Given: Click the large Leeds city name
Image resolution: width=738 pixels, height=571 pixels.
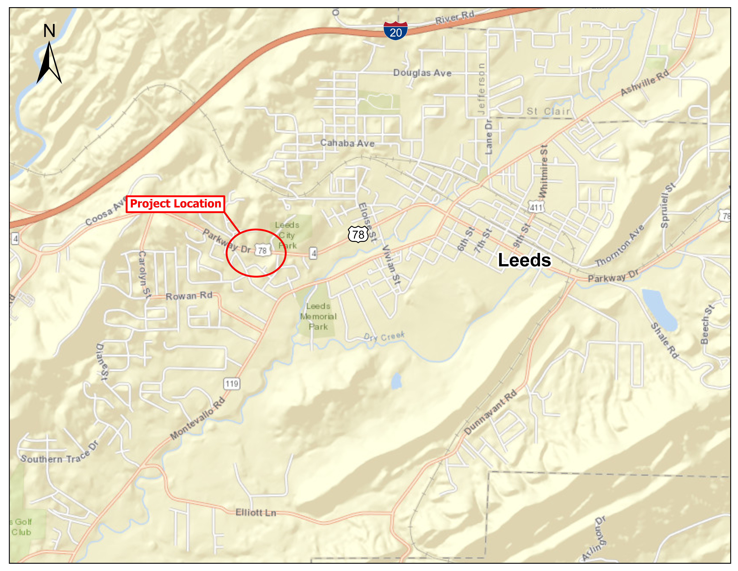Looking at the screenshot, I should click(x=524, y=260).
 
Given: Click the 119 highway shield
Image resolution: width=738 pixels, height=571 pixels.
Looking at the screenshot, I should click(x=232, y=384).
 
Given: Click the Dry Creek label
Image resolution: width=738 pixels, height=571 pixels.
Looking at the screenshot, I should click(x=384, y=337).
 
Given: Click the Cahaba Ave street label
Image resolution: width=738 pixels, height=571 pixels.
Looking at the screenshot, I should click(x=347, y=143).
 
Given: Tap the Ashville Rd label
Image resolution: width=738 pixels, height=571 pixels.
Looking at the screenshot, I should click(x=645, y=82).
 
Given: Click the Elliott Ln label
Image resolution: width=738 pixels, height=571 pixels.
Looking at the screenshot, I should click(x=256, y=512).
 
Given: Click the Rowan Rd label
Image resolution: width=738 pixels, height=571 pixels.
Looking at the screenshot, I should click(x=189, y=296).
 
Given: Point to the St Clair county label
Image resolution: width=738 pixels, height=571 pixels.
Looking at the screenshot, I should click(x=548, y=111).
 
